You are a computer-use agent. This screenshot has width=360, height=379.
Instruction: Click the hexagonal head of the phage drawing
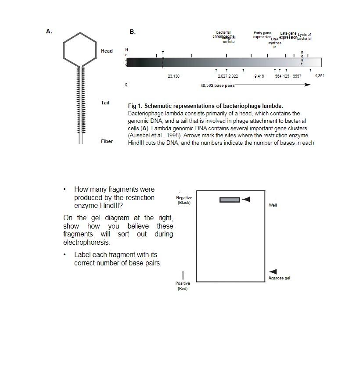pos(80,49)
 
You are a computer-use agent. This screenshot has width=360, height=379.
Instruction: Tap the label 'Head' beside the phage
pos(107,51)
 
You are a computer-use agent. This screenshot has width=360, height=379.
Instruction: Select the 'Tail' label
pos(105,103)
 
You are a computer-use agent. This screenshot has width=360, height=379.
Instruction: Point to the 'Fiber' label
pos(107,141)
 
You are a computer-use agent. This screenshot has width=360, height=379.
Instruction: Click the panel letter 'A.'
pos(49,31)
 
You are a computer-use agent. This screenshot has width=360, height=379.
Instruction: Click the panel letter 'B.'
pos(133,32)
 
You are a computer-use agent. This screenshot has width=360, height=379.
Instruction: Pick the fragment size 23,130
pos(173,76)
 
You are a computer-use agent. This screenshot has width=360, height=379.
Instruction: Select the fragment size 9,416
pos(259,76)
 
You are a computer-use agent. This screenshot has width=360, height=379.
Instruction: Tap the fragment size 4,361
pos(320,76)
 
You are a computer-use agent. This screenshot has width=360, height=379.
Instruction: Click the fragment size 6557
pos(297,76)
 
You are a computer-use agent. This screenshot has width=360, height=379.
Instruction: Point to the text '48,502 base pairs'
pos(217,86)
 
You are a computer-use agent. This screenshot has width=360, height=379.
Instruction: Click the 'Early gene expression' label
pos(263,35)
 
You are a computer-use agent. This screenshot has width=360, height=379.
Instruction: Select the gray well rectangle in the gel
pos(230,200)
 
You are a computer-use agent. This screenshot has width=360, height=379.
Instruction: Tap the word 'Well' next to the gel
pos(273,205)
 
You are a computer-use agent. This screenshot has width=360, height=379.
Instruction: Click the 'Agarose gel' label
pos(279,278)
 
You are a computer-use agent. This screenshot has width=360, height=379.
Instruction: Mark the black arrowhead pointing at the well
pos(246,200)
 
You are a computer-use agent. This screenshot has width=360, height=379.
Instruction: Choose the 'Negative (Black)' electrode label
pos(184,200)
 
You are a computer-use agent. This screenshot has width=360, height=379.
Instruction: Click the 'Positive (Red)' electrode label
pos(183,286)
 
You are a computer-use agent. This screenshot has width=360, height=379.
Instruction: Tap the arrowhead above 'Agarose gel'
pos(273,272)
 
